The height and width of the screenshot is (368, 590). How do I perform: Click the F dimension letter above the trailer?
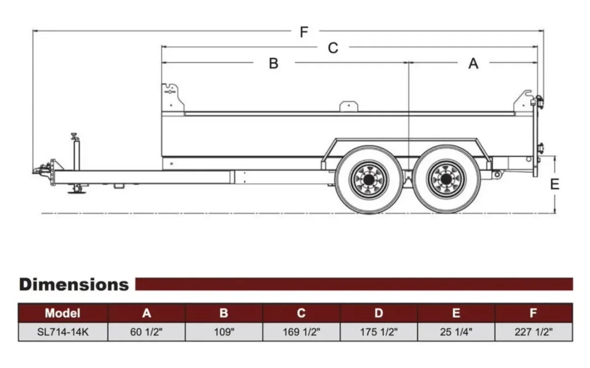tap(304, 32)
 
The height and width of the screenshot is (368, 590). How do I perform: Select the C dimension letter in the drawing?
tap(333, 48)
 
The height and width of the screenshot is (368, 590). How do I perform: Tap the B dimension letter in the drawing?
tap(274, 63)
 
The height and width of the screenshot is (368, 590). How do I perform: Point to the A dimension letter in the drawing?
tap(473, 63)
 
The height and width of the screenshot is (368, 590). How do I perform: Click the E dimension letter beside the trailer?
tap(555, 184)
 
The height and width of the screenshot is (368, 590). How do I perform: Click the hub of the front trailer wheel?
tap(369, 180)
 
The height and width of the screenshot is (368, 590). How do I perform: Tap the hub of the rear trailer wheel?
tap(446, 179)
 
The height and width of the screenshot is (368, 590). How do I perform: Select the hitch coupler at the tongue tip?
tap(42, 169)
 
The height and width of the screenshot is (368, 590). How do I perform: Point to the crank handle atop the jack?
tap(74, 136)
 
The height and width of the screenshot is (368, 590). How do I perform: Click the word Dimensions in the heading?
tap(74, 285)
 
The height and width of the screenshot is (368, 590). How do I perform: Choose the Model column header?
tap(62, 313)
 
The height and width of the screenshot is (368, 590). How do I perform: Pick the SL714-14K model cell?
tap(63, 332)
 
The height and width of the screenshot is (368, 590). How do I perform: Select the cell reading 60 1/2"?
tap(147, 332)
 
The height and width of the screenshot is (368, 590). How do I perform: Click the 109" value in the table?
tap(224, 332)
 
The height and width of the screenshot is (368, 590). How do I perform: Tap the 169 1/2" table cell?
tap(301, 332)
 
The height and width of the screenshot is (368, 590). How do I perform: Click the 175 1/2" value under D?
tap(379, 332)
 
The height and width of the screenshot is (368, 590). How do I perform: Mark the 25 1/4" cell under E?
tap(456, 332)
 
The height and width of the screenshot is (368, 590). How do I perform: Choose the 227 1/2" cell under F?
tap(533, 332)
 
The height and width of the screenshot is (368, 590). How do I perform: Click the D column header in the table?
tap(379, 313)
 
